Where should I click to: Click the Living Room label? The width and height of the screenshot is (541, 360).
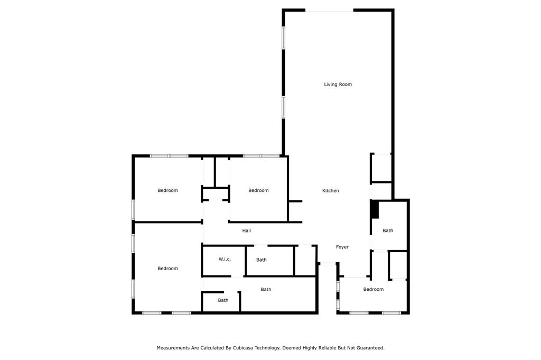pos(338,84)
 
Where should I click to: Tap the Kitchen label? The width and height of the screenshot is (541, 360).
pos(331,190)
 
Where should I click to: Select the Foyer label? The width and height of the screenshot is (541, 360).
pos(342,247)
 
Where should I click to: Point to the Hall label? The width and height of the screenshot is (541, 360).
pos(246,230)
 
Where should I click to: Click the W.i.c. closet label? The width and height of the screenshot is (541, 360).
pos(225,259)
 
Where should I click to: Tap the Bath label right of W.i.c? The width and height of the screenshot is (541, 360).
pos(261,260)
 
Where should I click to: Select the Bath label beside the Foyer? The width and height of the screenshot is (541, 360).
pos(388,230)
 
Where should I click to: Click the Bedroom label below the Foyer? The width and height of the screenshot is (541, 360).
pos(374,289)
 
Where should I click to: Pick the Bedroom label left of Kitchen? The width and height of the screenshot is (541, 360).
pos(258,190)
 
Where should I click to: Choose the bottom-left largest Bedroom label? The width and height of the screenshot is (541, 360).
pos(167,269)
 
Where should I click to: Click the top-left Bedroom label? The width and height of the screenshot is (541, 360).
pos(167,190)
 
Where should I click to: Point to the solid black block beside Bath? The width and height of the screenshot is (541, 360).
pos(375,209)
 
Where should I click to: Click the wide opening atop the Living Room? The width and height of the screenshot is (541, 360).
pos(329,11)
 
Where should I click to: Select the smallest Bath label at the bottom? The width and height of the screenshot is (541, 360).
pos(223,300)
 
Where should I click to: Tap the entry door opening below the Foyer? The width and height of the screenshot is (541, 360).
pos(328,264)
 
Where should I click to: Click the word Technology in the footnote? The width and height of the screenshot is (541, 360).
pos(267,348)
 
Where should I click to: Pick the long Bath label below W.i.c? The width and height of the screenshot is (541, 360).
pos(266,290)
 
